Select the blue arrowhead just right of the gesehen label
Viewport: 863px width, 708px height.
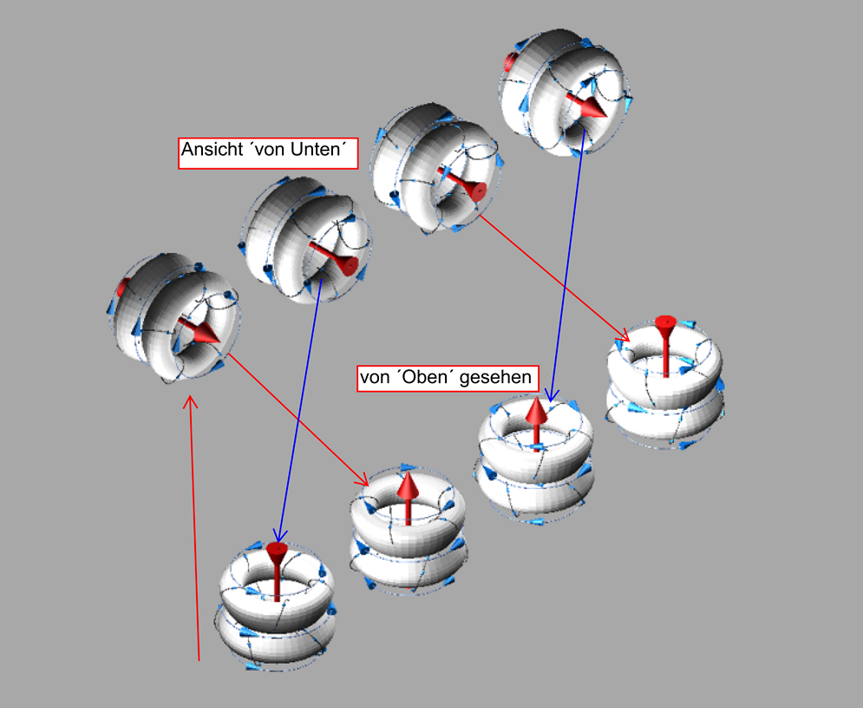552,396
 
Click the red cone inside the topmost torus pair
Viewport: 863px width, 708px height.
593,108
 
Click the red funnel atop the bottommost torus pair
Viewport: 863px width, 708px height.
277,550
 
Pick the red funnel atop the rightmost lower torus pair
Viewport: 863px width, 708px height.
665,323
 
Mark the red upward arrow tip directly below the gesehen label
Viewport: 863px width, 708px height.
536,409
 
